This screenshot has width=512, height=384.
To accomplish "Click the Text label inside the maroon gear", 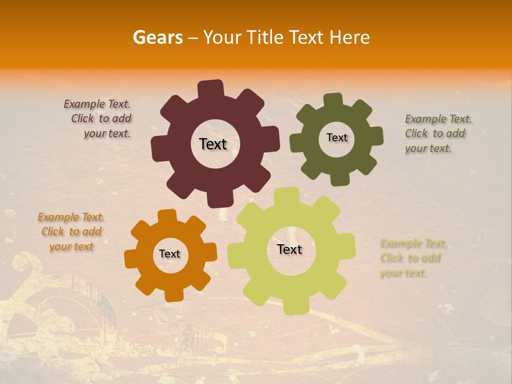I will [213, 144].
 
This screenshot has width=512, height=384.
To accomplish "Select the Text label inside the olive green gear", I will [337, 138].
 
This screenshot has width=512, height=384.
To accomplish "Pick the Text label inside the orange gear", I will [170, 254].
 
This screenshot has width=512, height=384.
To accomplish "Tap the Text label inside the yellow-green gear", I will [290, 249].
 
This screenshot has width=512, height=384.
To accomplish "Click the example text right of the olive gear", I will [437, 134].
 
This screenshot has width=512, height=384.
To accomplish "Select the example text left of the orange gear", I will [71, 232].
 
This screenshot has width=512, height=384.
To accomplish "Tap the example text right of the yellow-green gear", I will [412, 258].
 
